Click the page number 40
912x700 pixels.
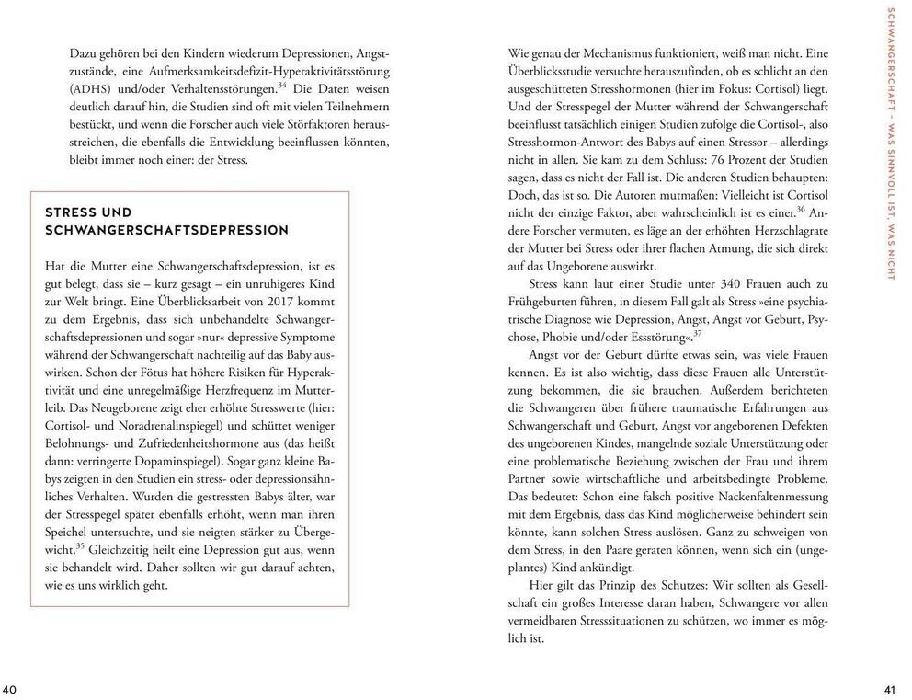point(10,691)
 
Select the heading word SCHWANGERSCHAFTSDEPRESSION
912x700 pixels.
point(167,230)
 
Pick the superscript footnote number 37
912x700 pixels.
point(698,333)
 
